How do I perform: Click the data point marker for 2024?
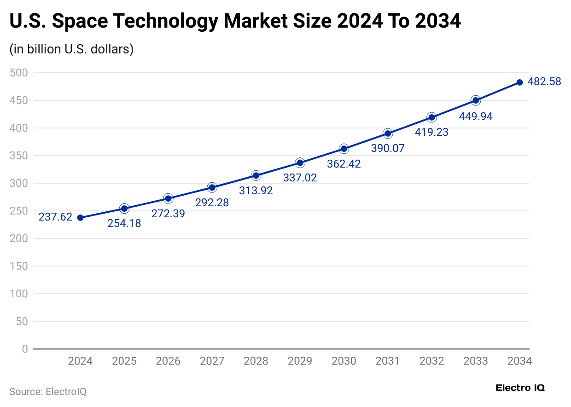coord(80,217)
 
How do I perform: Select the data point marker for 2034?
coord(519,82)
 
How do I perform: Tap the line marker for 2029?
coord(300,163)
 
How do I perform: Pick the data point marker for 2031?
coord(388,134)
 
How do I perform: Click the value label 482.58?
coord(544,82)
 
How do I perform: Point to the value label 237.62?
coord(55,217)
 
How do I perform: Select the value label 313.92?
coord(256,191)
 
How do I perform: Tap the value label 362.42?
coord(344,164)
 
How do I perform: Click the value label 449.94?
coord(476,116)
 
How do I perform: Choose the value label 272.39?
coord(168,214)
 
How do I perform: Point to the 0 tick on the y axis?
coord(24,349)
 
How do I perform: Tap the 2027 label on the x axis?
coord(212,361)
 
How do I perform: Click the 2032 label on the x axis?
coord(432,361)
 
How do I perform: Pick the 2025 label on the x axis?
coord(124,361)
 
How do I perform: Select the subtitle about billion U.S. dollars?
coord(71,49)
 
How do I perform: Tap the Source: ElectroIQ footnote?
coord(48,392)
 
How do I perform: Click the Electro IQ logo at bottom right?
coord(520,388)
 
